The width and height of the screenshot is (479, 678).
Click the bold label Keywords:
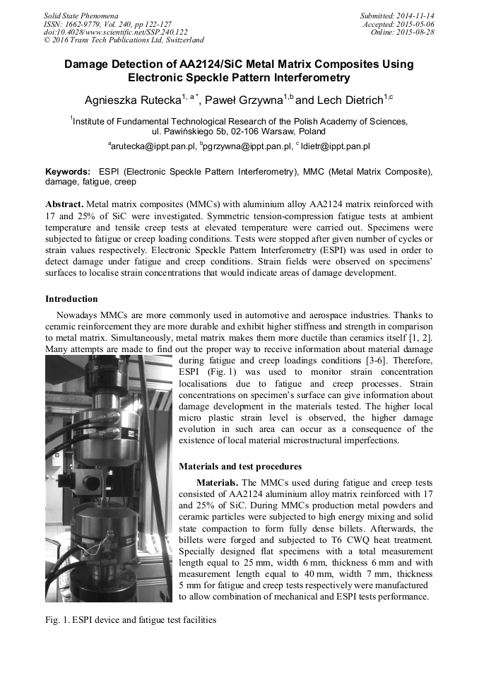pyautogui.click(x=68, y=172)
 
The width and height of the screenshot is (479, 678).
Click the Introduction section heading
pyautogui.click(x=71, y=299)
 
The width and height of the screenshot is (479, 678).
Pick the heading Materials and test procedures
pyautogui.click(x=240, y=467)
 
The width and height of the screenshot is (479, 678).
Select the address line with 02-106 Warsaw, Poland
pyautogui.click(x=239, y=131)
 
